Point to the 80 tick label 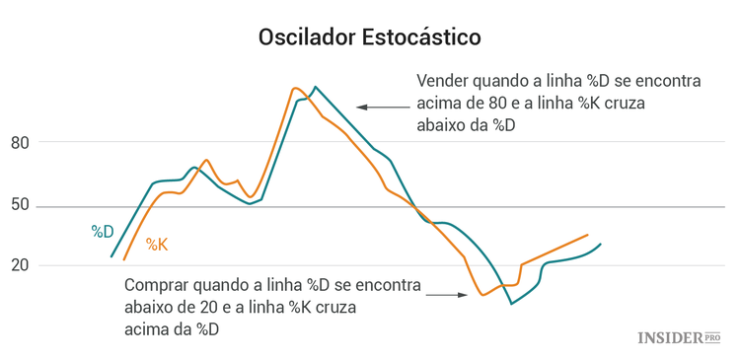(x=22, y=143)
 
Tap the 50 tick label (x=22, y=206)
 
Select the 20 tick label (x=22, y=265)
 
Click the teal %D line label (x=103, y=231)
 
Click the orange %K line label (x=157, y=244)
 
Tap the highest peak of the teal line (x=315, y=87)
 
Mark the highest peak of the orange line (x=295, y=88)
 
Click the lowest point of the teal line (x=511, y=303)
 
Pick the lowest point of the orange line (x=482, y=295)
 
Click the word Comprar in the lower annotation (x=157, y=286)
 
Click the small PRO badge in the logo (x=712, y=336)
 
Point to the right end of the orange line (x=587, y=235)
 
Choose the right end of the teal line (x=600, y=244)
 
